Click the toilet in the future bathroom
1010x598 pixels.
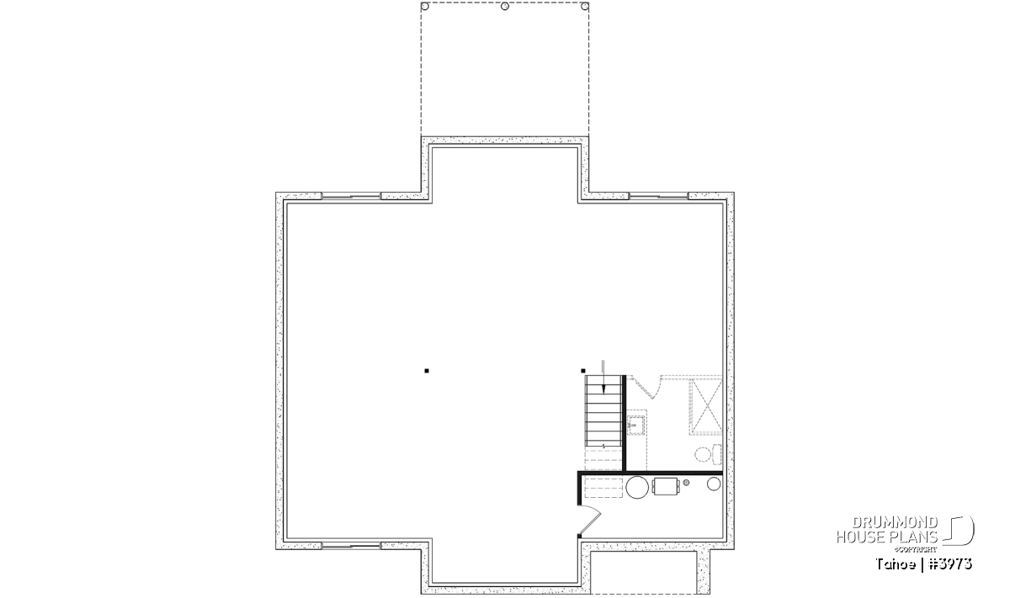[709, 454]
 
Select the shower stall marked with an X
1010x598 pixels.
[705, 407]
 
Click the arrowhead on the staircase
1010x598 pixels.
[604, 389]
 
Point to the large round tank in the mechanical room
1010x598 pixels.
[637, 487]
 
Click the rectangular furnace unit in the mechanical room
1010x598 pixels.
[666, 486]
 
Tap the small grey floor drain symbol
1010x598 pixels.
[686, 483]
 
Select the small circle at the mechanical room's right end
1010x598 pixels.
[714, 484]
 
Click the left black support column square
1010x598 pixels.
[427, 371]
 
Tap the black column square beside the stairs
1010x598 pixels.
[583, 371]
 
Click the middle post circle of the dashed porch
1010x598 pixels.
[505, 7]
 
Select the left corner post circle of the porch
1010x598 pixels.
[425, 7]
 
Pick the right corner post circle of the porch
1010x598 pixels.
[585, 7]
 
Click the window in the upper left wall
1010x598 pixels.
[351, 196]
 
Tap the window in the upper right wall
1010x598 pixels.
[659, 196]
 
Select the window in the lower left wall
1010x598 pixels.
[351, 546]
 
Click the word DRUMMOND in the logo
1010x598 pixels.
[895, 522]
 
